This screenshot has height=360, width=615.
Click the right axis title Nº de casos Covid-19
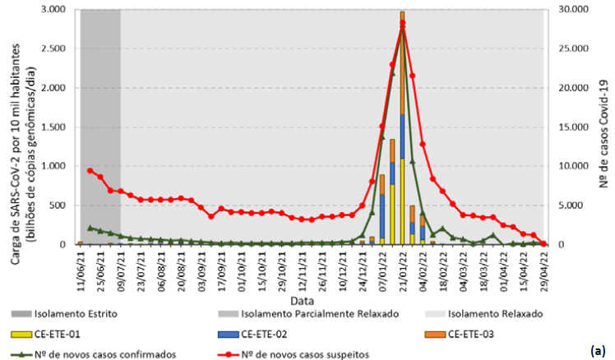pos(603,127)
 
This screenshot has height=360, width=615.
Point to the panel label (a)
pos(598,351)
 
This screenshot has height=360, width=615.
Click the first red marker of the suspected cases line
pos(90,170)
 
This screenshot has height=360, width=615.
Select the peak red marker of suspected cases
pos(403,24)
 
